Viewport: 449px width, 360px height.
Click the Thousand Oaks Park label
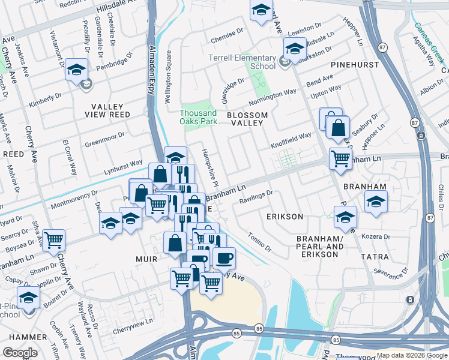tap(198, 117)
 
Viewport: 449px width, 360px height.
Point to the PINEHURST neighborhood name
tap(354, 64)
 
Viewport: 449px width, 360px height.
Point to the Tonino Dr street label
tap(259, 243)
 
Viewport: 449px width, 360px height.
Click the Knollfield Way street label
tap(291, 140)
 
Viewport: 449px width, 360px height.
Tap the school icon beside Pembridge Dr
tap(77, 70)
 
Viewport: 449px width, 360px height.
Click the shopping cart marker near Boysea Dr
tap(54, 240)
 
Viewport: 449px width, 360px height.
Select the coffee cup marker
tap(224, 258)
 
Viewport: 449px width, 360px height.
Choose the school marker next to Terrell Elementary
tap(295, 48)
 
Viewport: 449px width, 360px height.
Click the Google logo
tap(20, 353)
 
